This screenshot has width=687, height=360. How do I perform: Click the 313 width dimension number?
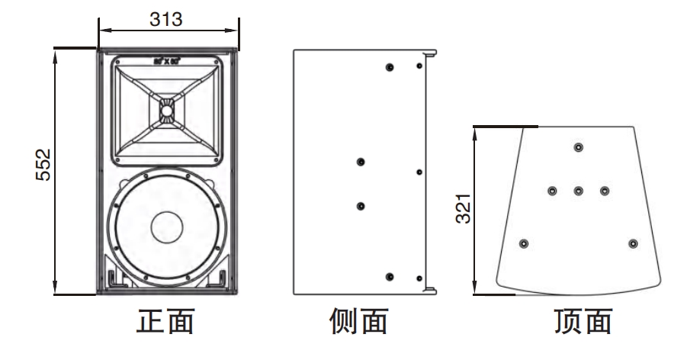click(165, 19)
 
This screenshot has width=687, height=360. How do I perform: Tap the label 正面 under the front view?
click(165, 321)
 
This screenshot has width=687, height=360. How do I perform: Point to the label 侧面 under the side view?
click(358, 321)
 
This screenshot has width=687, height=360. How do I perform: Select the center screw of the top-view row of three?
click(578, 190)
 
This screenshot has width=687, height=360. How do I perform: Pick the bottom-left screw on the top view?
click(523, 243)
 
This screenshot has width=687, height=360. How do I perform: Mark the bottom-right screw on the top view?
click(632, 243)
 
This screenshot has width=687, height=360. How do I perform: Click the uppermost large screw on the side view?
click(390, 68)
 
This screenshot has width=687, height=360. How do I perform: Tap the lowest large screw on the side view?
click(390, 276)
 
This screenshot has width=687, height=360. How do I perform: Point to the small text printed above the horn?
click(167, 59)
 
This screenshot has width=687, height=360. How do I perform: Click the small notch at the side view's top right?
click(430, 54)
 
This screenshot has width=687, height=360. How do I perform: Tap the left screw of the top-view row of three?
click(551, 190)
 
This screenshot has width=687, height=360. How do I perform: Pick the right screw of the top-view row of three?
click(605, 190)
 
